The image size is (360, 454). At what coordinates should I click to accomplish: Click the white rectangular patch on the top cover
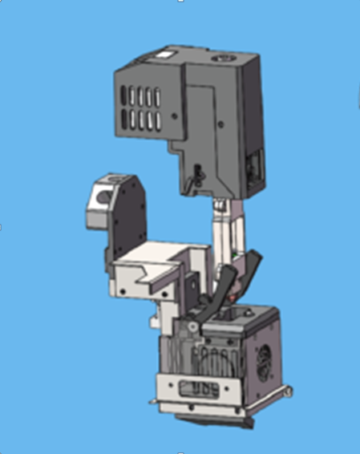(x=168, y=57)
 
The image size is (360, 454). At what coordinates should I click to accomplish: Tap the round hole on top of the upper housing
(x=221, y=59)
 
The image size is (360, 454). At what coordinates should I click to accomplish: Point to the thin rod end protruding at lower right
(x=283, y=392)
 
